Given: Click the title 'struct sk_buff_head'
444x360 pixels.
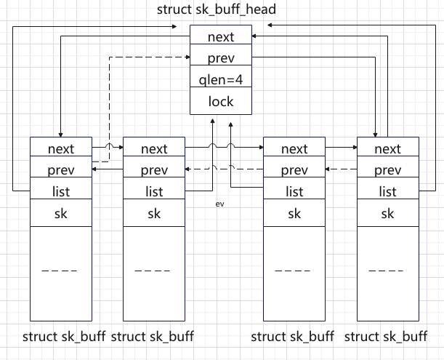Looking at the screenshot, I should click(x=221, y=10).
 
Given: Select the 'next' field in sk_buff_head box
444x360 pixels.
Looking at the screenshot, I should click(x=221, y=36).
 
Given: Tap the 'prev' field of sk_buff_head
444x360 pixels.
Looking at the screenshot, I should click(x=221, y=57).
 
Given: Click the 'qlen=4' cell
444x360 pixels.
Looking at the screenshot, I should click(x=221, y=79).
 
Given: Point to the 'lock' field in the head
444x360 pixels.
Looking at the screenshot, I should click(x=221, y=101).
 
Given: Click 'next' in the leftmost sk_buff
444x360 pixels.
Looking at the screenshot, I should click(x=61, y=148).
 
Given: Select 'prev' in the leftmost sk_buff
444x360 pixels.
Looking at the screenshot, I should click(x=61, y=170).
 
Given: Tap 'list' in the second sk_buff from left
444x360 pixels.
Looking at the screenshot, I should click(x=154, y=192).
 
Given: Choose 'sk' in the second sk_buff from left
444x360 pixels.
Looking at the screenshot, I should click(x=154, y=214).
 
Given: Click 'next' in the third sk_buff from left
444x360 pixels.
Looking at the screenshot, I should click(x=294, y=148).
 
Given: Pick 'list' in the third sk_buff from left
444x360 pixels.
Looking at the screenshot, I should click(x=294, y=192).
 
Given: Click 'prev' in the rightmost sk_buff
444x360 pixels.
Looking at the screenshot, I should click(x=387, y=170).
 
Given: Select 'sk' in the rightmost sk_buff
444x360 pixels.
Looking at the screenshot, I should click(x=387, y=214).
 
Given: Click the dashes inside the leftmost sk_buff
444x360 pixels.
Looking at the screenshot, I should click(x=61, y=271).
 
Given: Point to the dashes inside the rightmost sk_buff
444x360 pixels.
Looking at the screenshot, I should click(x=387, y=271).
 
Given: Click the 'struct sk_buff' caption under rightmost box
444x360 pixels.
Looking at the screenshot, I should click(x=385, y=337).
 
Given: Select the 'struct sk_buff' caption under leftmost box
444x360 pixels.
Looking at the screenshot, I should click(x=64, y=337).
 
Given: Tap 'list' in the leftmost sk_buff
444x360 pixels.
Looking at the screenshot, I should click(x=61, y=192).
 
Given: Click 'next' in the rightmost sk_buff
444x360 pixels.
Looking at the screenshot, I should click(x=387, y=148).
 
